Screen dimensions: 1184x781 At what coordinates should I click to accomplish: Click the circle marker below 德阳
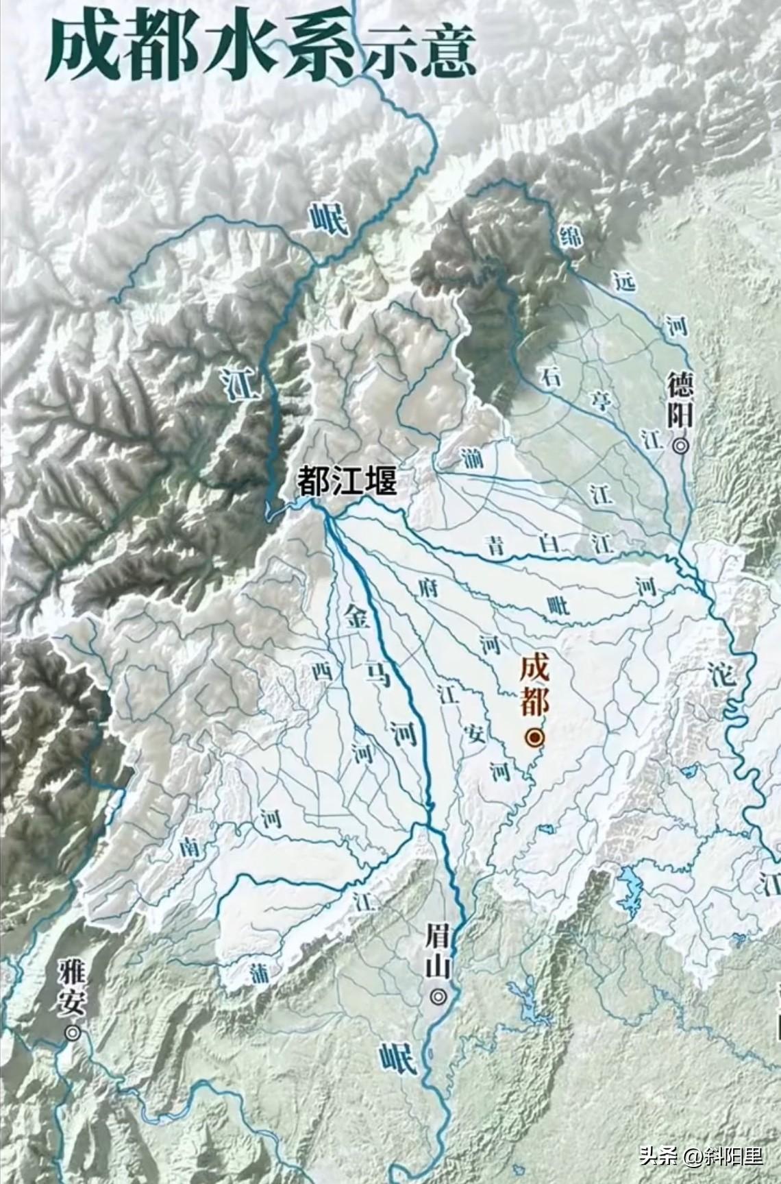[x=681, y=446]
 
